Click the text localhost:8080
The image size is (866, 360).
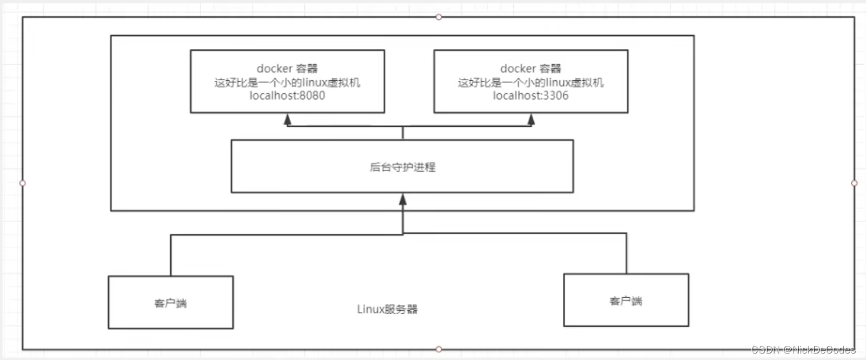click(x=287, y=96)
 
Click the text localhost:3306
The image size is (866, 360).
click(x=531, y=96)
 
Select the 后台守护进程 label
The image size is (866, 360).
click(x=402, y=167)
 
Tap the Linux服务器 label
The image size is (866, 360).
click(x=388, y=309)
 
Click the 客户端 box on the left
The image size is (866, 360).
click(x=170, y=302)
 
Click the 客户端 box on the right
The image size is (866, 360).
click(x=626, y=300)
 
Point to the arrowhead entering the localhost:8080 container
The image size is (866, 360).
click(x=287, y=119)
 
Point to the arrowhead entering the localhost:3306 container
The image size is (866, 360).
click(x=531, y=119)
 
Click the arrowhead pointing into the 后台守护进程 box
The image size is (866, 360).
click(x=403, y=199)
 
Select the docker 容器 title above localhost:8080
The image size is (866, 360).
click(x=287, y=69)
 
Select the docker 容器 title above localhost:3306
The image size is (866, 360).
click(x=531, y=69)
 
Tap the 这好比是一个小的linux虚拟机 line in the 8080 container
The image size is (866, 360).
click(x=287, y=83)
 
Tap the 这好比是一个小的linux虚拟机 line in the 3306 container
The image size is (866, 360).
click(x=531, y=83)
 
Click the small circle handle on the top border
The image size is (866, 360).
click(x=439, y=16)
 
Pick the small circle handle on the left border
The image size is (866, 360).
click(x=23, y=183)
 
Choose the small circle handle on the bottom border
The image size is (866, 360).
click(x=439, y=350)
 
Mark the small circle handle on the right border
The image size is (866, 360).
click(x=854, y=183)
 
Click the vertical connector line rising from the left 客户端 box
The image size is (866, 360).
click(x=171, y=255)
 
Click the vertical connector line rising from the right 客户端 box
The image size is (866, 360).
click(x=627, y=253)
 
